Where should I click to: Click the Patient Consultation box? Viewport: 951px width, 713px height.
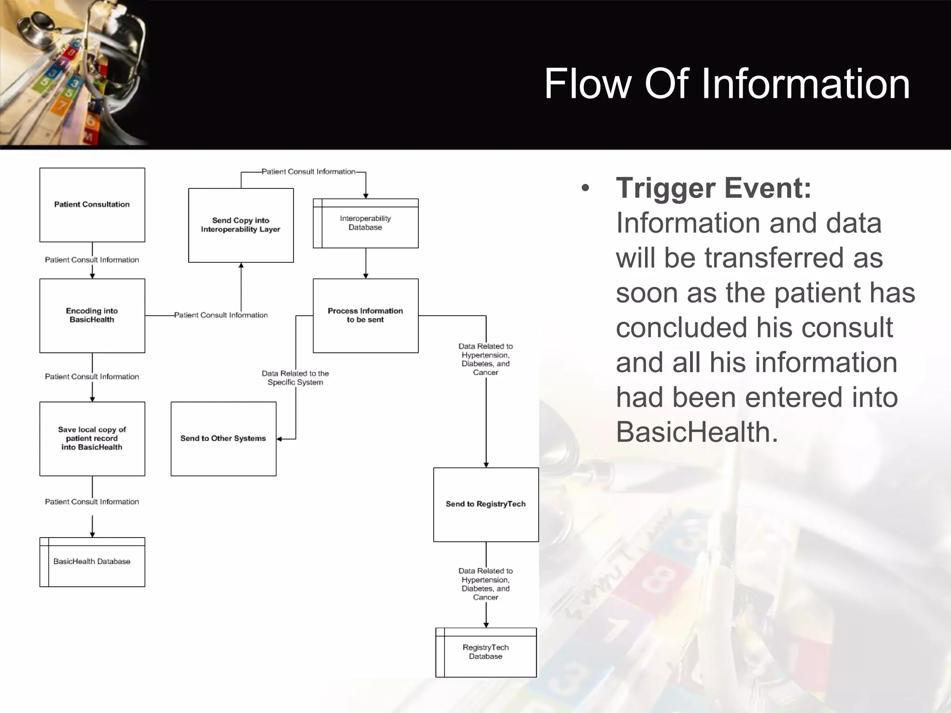tap(92, 205)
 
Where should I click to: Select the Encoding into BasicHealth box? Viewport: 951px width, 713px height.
tap(92, 316)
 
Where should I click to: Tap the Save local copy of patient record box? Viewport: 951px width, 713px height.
tap(92, 439)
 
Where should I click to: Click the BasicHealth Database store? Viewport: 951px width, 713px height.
tap(92, 562)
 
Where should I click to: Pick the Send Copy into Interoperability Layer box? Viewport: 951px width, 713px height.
tap(241, 225)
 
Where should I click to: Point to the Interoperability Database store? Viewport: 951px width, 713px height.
tap(365, 223)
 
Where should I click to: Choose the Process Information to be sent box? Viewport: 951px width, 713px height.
tap(365, 316)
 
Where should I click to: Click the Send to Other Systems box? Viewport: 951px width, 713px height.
tap(223, 439)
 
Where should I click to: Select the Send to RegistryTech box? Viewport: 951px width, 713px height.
tap(486, 505)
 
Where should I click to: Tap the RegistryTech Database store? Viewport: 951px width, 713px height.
tap(486, 652)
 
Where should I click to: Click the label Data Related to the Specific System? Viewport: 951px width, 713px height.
tap(295, 378)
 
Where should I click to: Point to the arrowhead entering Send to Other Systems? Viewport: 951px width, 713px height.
tap(280, 439)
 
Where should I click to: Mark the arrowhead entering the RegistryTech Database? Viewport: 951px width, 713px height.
tap(486, 625)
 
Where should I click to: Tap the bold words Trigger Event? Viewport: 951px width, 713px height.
tap(713, 188)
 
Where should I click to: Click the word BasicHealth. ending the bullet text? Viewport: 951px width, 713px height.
tap(697, 432)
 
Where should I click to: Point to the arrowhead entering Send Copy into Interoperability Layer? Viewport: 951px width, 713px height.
tap(241, 266)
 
